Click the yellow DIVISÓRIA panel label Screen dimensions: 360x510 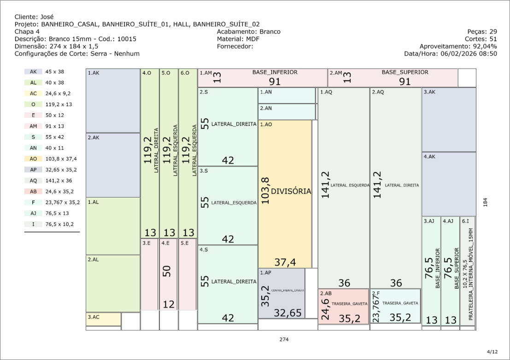[x=291, y=191]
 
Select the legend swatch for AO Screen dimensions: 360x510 [x=33, y=159]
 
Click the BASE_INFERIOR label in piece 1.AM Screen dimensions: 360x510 [x=275, y=72]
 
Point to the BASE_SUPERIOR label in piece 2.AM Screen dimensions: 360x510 [x=405, y=72]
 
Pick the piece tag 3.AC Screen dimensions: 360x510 [x=94, y=317]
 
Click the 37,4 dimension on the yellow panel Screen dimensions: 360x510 [x=285, y=262]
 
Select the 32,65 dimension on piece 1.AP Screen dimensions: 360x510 [x=287, y=313]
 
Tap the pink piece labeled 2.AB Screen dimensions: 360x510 [x=344, y=306]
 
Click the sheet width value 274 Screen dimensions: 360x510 [x=284, y=339]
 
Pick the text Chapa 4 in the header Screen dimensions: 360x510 [x=27, y=31]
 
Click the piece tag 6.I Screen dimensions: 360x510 [x=465, y=221]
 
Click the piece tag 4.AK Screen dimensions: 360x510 [x=429, y=157]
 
